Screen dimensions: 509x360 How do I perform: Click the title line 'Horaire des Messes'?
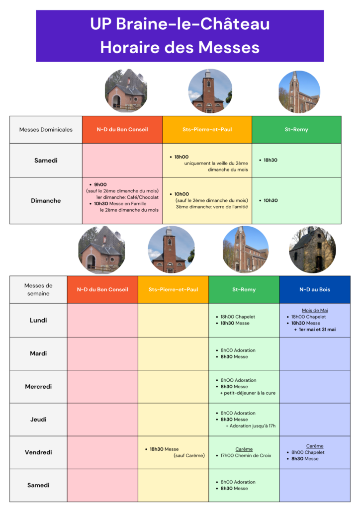click(x=180, y=47)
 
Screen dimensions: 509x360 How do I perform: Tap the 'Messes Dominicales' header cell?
click(x=46, y=130)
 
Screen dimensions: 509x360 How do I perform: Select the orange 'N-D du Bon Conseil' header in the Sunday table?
click(x=122, y=130)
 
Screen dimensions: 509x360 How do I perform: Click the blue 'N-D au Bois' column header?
click(x=314, y=289)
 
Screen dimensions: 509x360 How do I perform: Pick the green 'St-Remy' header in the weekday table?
click(x=244, y=289)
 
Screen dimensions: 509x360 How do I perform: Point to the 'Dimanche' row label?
click(x=46, y=201)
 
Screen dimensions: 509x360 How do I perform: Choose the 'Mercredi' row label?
click(x=38, y=386)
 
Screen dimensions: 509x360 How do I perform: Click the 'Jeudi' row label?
click(x=38, y=420)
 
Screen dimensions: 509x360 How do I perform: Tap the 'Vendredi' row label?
click(x=38, y=452)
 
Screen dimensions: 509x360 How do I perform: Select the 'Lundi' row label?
click(x=38, y=320)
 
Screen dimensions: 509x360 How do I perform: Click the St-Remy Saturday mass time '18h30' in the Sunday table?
click(x=270, y=160)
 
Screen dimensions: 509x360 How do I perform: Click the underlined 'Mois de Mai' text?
click(x=315, y=310)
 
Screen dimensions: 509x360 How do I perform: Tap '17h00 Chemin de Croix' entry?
click(x=246, y=455)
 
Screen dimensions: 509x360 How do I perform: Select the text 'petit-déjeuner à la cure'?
click(x=250, y=393)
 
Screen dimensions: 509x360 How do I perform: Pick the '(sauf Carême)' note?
click(x=189, y=455)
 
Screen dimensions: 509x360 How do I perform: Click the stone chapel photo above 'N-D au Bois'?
click(x=312, y=250)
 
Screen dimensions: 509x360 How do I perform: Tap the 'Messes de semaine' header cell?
click(x=38, y=289)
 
